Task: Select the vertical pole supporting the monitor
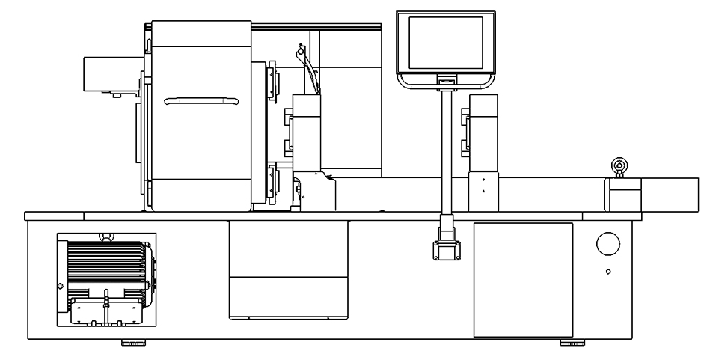tap(445, 150)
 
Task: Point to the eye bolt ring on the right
tap(619, 165)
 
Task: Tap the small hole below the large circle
tap(608, 272)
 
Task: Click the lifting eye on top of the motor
tap(106, 238)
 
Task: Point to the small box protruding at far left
tap(108, 75)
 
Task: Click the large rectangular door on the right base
tap(523, 279)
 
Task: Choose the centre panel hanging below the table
tap(288, 271)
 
